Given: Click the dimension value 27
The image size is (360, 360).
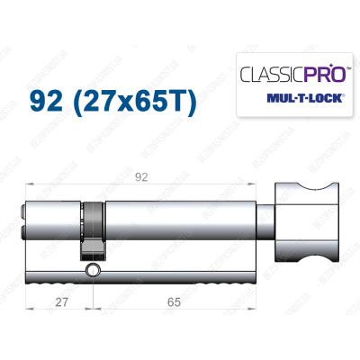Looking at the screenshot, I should (x=58, y=303).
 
